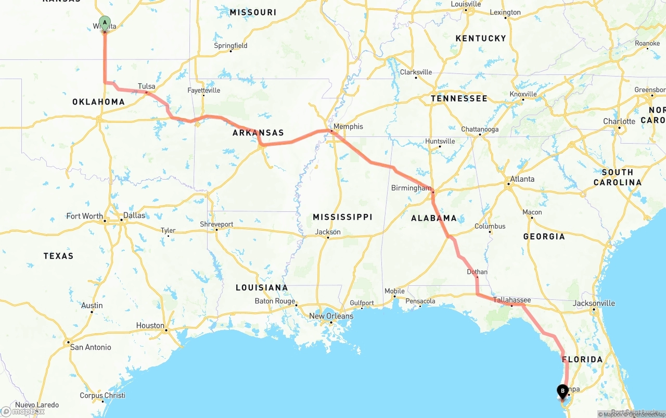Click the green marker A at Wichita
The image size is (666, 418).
pos(105,23)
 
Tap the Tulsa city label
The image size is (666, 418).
pos(146,86)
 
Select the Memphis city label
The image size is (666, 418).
pos(348,126)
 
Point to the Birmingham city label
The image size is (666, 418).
pos(411,188)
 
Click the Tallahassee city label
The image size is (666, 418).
pos(512,300)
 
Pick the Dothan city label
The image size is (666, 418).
pos(477,272)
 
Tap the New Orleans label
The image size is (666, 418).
pos(331,316)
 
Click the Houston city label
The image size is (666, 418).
pos(150,325)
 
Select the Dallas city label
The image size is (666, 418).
pos(134,215)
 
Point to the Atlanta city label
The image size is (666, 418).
pos(522,179)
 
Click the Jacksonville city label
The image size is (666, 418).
pos(594,303)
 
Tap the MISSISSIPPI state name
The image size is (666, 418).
pos(342,217)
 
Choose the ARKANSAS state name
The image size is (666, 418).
pos(258,133)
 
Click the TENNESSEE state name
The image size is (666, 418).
pos(459,98)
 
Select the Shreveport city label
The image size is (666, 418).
pos(216,224)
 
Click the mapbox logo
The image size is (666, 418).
pos(23,411)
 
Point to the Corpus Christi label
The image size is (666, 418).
pos(102,395)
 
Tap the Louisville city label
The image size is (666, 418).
pos(466,4)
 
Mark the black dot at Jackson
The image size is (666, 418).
pos(328,238)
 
